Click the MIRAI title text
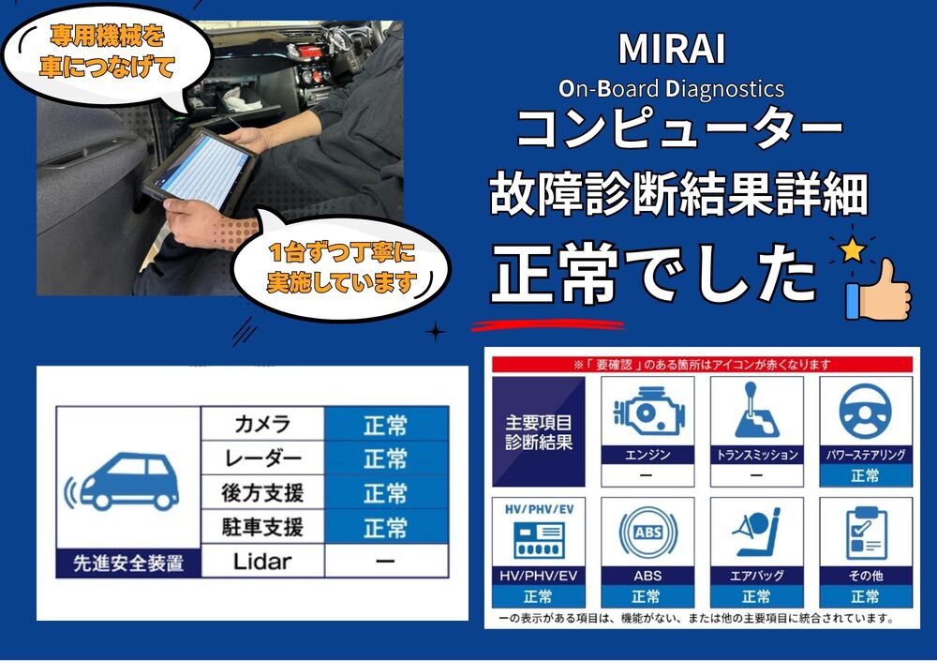pos(672,49)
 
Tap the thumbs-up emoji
pos(879,290)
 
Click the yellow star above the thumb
pos(852,249)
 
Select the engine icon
pos(648,411)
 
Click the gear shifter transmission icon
pos(756,411)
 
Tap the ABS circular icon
pos(647,532)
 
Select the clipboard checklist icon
pos(866,532)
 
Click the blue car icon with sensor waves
pos(123,481)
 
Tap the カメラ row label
pos(262,424)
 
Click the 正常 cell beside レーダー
pos(386,458)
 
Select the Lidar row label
pos(262,561)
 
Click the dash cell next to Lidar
pos(386,561)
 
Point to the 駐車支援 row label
pos(262,527)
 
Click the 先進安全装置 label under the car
pos(127,563)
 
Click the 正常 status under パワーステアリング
pos(865,476)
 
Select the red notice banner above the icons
pos(702,365)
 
